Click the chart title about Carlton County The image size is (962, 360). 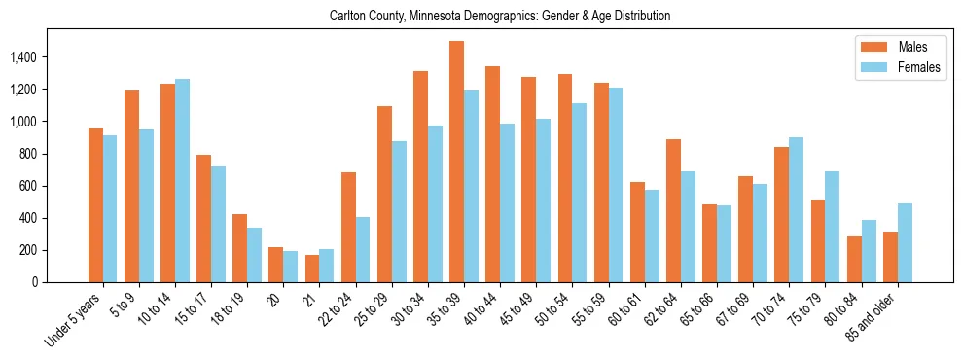(x=500, y=17)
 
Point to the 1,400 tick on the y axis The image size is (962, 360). (x=22, y=57)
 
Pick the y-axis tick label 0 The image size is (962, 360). (x=33, y=282)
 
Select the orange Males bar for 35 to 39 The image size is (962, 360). (x=456, y=162)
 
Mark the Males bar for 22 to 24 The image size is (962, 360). (x=348, y=227)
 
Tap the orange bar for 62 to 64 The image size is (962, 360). (x=673, y=210)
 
